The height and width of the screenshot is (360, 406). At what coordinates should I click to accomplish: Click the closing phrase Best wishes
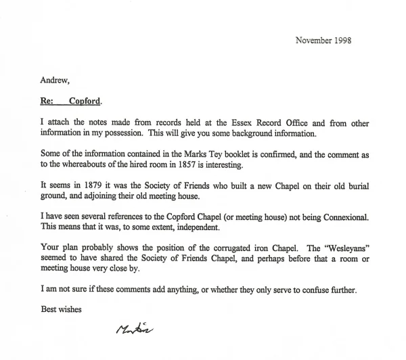61,308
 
